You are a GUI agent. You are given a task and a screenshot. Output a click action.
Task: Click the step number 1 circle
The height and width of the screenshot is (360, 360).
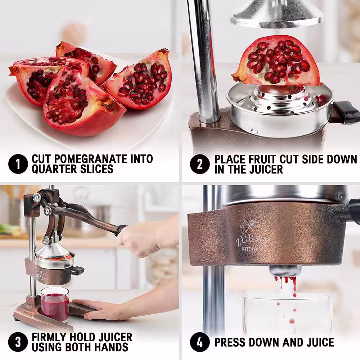tap(18, 164)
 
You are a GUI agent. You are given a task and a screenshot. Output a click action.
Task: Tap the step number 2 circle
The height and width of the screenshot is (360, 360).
tap(200, 164)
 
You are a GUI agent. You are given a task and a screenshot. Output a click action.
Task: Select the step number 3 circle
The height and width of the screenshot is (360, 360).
tap(18, 342)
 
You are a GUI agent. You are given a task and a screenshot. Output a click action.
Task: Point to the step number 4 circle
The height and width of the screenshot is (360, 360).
tap(200, 342)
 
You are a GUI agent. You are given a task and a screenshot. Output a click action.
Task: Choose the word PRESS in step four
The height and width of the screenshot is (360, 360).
tap(230, 342)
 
